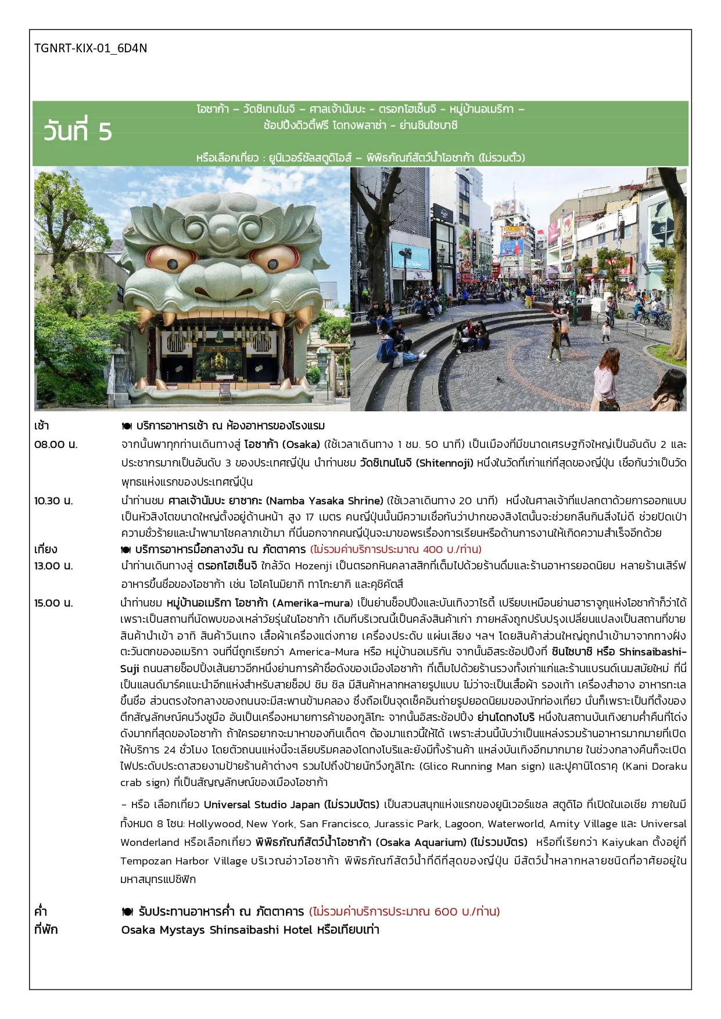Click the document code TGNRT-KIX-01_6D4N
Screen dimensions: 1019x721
coord(91,48)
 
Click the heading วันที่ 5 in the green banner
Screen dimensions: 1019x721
coord(77,132)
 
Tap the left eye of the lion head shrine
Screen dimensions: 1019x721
coord(164,259)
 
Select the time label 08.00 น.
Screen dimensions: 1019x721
coord(56,444)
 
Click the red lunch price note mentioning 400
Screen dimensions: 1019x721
coord(396,550)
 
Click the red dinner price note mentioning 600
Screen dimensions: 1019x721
coord(404,912)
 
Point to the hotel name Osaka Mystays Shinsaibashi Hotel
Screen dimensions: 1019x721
coord(217,930)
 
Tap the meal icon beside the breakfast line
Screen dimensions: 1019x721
coord(127,426)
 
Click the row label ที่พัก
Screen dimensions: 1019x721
coord(46,930)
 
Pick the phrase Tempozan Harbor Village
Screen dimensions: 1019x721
coord(184,861)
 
